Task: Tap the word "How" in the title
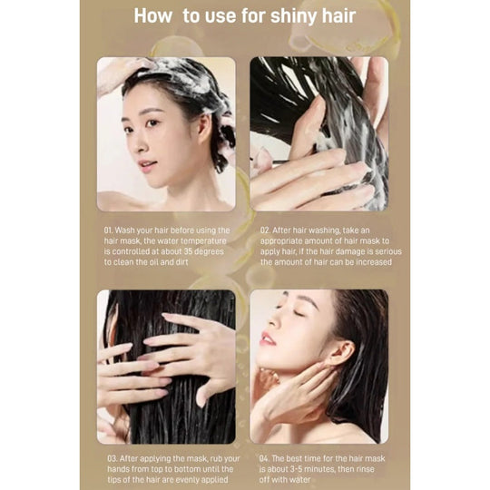[153, 15]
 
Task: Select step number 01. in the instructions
[108, 230]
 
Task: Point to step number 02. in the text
[265, 230]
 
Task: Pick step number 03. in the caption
[112, 458]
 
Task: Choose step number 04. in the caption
[264, 458]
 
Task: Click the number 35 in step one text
[189, 251]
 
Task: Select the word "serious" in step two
[388, 251]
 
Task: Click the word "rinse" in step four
[364, 469]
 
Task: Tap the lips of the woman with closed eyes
[267, 339]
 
